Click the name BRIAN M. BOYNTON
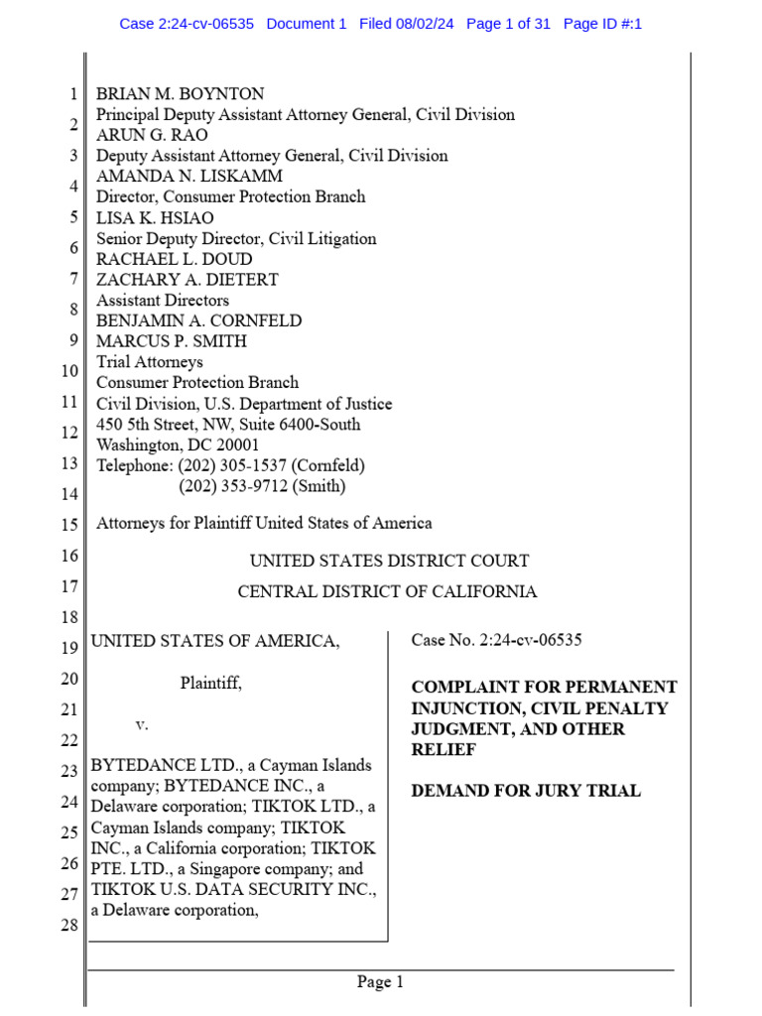[x=180, y=94]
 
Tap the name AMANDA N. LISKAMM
[x=189, y=177]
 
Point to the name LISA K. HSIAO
[x=155, y=217]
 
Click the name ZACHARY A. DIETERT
[x=187, y=279]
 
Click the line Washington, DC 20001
[x=178, y=445]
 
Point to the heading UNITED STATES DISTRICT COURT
[x=389, y=561]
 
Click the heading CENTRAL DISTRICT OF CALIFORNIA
[x=387, y=592]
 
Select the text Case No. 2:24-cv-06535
[x=496, y=640]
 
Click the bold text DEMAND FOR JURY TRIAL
[x=526, y=791]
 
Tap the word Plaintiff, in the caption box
[x=210, y=683]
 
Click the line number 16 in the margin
[x=68, y=557]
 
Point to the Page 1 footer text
[x=381, y=983]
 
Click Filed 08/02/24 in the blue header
[x=406, y=24]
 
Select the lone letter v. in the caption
[x=141, y=725]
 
